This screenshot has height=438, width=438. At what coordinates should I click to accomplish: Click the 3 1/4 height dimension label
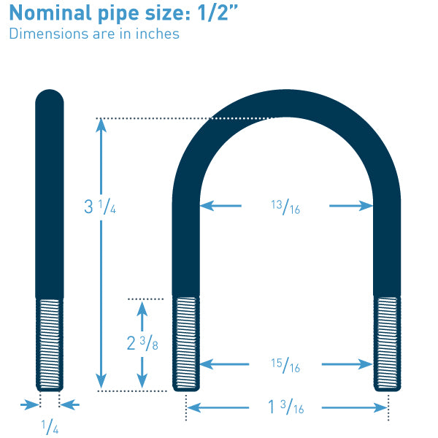[100, 207]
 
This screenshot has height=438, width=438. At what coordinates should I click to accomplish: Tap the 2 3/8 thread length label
[142, 343]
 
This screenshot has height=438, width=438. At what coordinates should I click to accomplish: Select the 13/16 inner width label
[285, 207]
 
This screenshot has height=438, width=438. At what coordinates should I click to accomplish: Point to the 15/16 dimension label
[285, 366]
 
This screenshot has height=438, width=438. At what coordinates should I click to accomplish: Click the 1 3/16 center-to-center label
[285, 407]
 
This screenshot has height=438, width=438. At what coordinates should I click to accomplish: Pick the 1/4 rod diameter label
[50, 427]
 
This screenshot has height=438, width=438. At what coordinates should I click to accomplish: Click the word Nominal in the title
[50, 12]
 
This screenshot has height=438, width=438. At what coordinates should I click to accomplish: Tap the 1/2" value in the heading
[218, 12]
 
